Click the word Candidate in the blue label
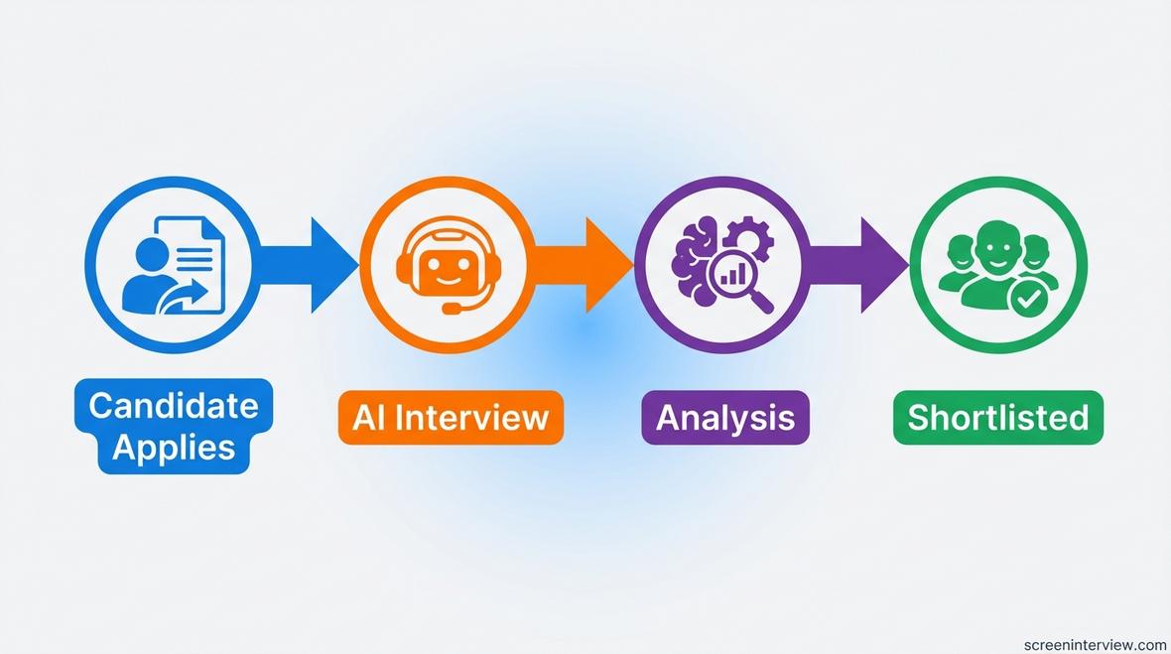173,405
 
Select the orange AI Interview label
451,416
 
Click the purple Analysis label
725,416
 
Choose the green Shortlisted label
997,416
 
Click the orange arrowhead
608,265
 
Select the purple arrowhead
883,265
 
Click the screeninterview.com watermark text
1095,644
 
